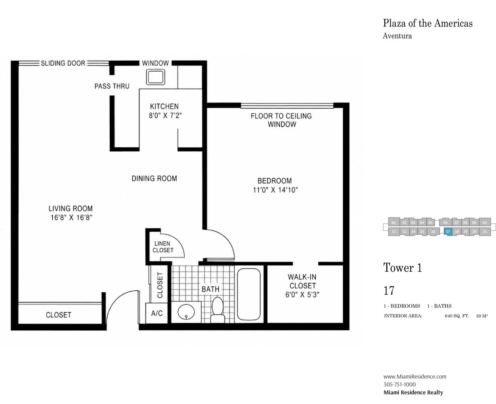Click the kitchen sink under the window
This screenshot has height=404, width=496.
[x=156, y=77]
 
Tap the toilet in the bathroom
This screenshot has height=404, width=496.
[x=217, y=310]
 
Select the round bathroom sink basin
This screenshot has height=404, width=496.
[x=186, y=312]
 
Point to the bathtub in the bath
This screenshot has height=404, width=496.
[x=249, y=294]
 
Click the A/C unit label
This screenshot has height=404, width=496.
[x=157, y=313]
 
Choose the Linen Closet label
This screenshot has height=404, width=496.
[x=163, y=247]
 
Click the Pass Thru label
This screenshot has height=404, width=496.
[x=112, y=86]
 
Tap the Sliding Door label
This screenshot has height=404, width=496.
[x=63, y=63]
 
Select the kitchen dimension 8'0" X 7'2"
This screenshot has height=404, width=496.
[x=165, y=116]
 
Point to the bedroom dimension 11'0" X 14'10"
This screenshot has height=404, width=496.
[x=275, y=190]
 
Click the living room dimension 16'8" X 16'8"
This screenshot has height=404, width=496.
[x=71, y=217]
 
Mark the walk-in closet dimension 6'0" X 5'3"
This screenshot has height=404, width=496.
[x=302, y=295]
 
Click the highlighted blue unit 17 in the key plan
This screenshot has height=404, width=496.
[x=448, y=232]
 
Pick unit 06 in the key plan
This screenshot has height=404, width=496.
[x=445, y=222]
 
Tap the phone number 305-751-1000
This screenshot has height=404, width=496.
[x=399, y=385]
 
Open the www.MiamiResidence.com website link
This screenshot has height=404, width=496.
[x=415, y=377]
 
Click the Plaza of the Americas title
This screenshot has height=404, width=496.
[x=428, y=23]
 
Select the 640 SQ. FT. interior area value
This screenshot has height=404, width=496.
[x=457, y=316]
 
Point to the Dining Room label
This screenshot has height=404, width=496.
[x=154, y=178]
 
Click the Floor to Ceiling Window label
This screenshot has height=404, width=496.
[x=281, y=120]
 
